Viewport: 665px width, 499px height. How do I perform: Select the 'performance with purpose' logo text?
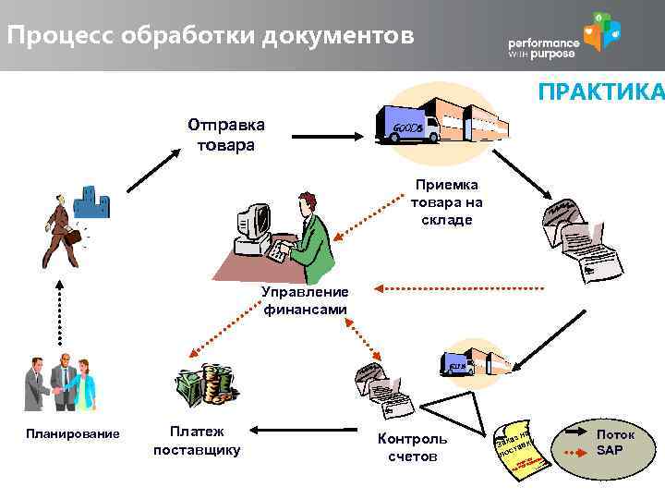(544, 49)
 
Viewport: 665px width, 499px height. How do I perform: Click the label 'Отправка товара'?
(225, 135)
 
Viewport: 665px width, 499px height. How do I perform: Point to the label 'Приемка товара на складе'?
(447, 202)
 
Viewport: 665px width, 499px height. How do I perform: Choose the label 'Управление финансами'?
(305, 301)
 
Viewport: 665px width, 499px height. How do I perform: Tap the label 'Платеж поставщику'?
(196, 440)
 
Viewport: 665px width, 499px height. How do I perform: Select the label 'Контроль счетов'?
(412, 447)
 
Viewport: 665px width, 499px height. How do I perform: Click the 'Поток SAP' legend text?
(615, 442)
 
